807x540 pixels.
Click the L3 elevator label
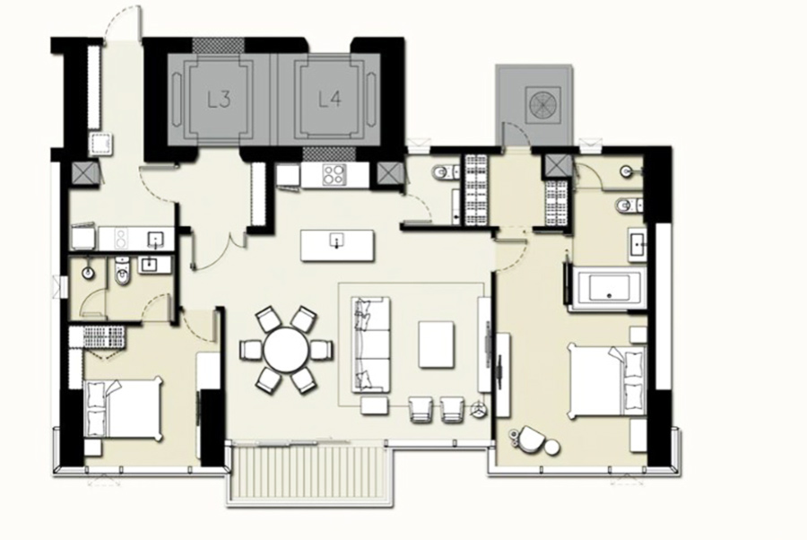click(219, 100)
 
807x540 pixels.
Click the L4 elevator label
click(330, 99)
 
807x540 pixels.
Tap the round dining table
click(286, 350)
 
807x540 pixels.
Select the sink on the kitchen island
click(337, 240)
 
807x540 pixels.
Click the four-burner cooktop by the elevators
click(333, 175)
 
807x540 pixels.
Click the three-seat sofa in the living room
click(370, 344)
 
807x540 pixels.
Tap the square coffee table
click(436, 344)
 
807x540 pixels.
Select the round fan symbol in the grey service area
click(543, 104)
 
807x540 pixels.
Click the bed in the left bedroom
click(124, 409)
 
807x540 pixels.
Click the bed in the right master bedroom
click(606, 381)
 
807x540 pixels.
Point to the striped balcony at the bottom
click(309, 474)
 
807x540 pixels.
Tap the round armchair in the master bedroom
click(532, 440)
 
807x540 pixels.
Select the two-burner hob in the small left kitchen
click(120, 239)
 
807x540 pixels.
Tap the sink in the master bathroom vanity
click(637, 243)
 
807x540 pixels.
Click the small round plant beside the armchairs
click(480, 409)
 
